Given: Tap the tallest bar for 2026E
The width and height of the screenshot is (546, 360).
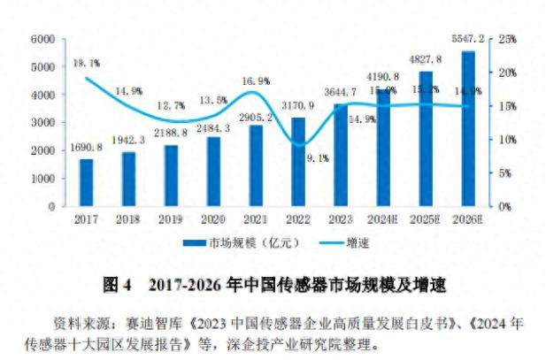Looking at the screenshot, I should pos(468,128).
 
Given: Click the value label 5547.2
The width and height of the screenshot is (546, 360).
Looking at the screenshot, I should pos(466,40).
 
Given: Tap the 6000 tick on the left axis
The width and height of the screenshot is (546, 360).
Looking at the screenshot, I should pos(42,39).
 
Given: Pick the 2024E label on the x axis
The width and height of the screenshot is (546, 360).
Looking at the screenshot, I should pos(383,218).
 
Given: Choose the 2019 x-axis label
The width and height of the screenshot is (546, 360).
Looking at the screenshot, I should pos(171,218).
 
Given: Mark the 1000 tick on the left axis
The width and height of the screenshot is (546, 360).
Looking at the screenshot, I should pos(42,179).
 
